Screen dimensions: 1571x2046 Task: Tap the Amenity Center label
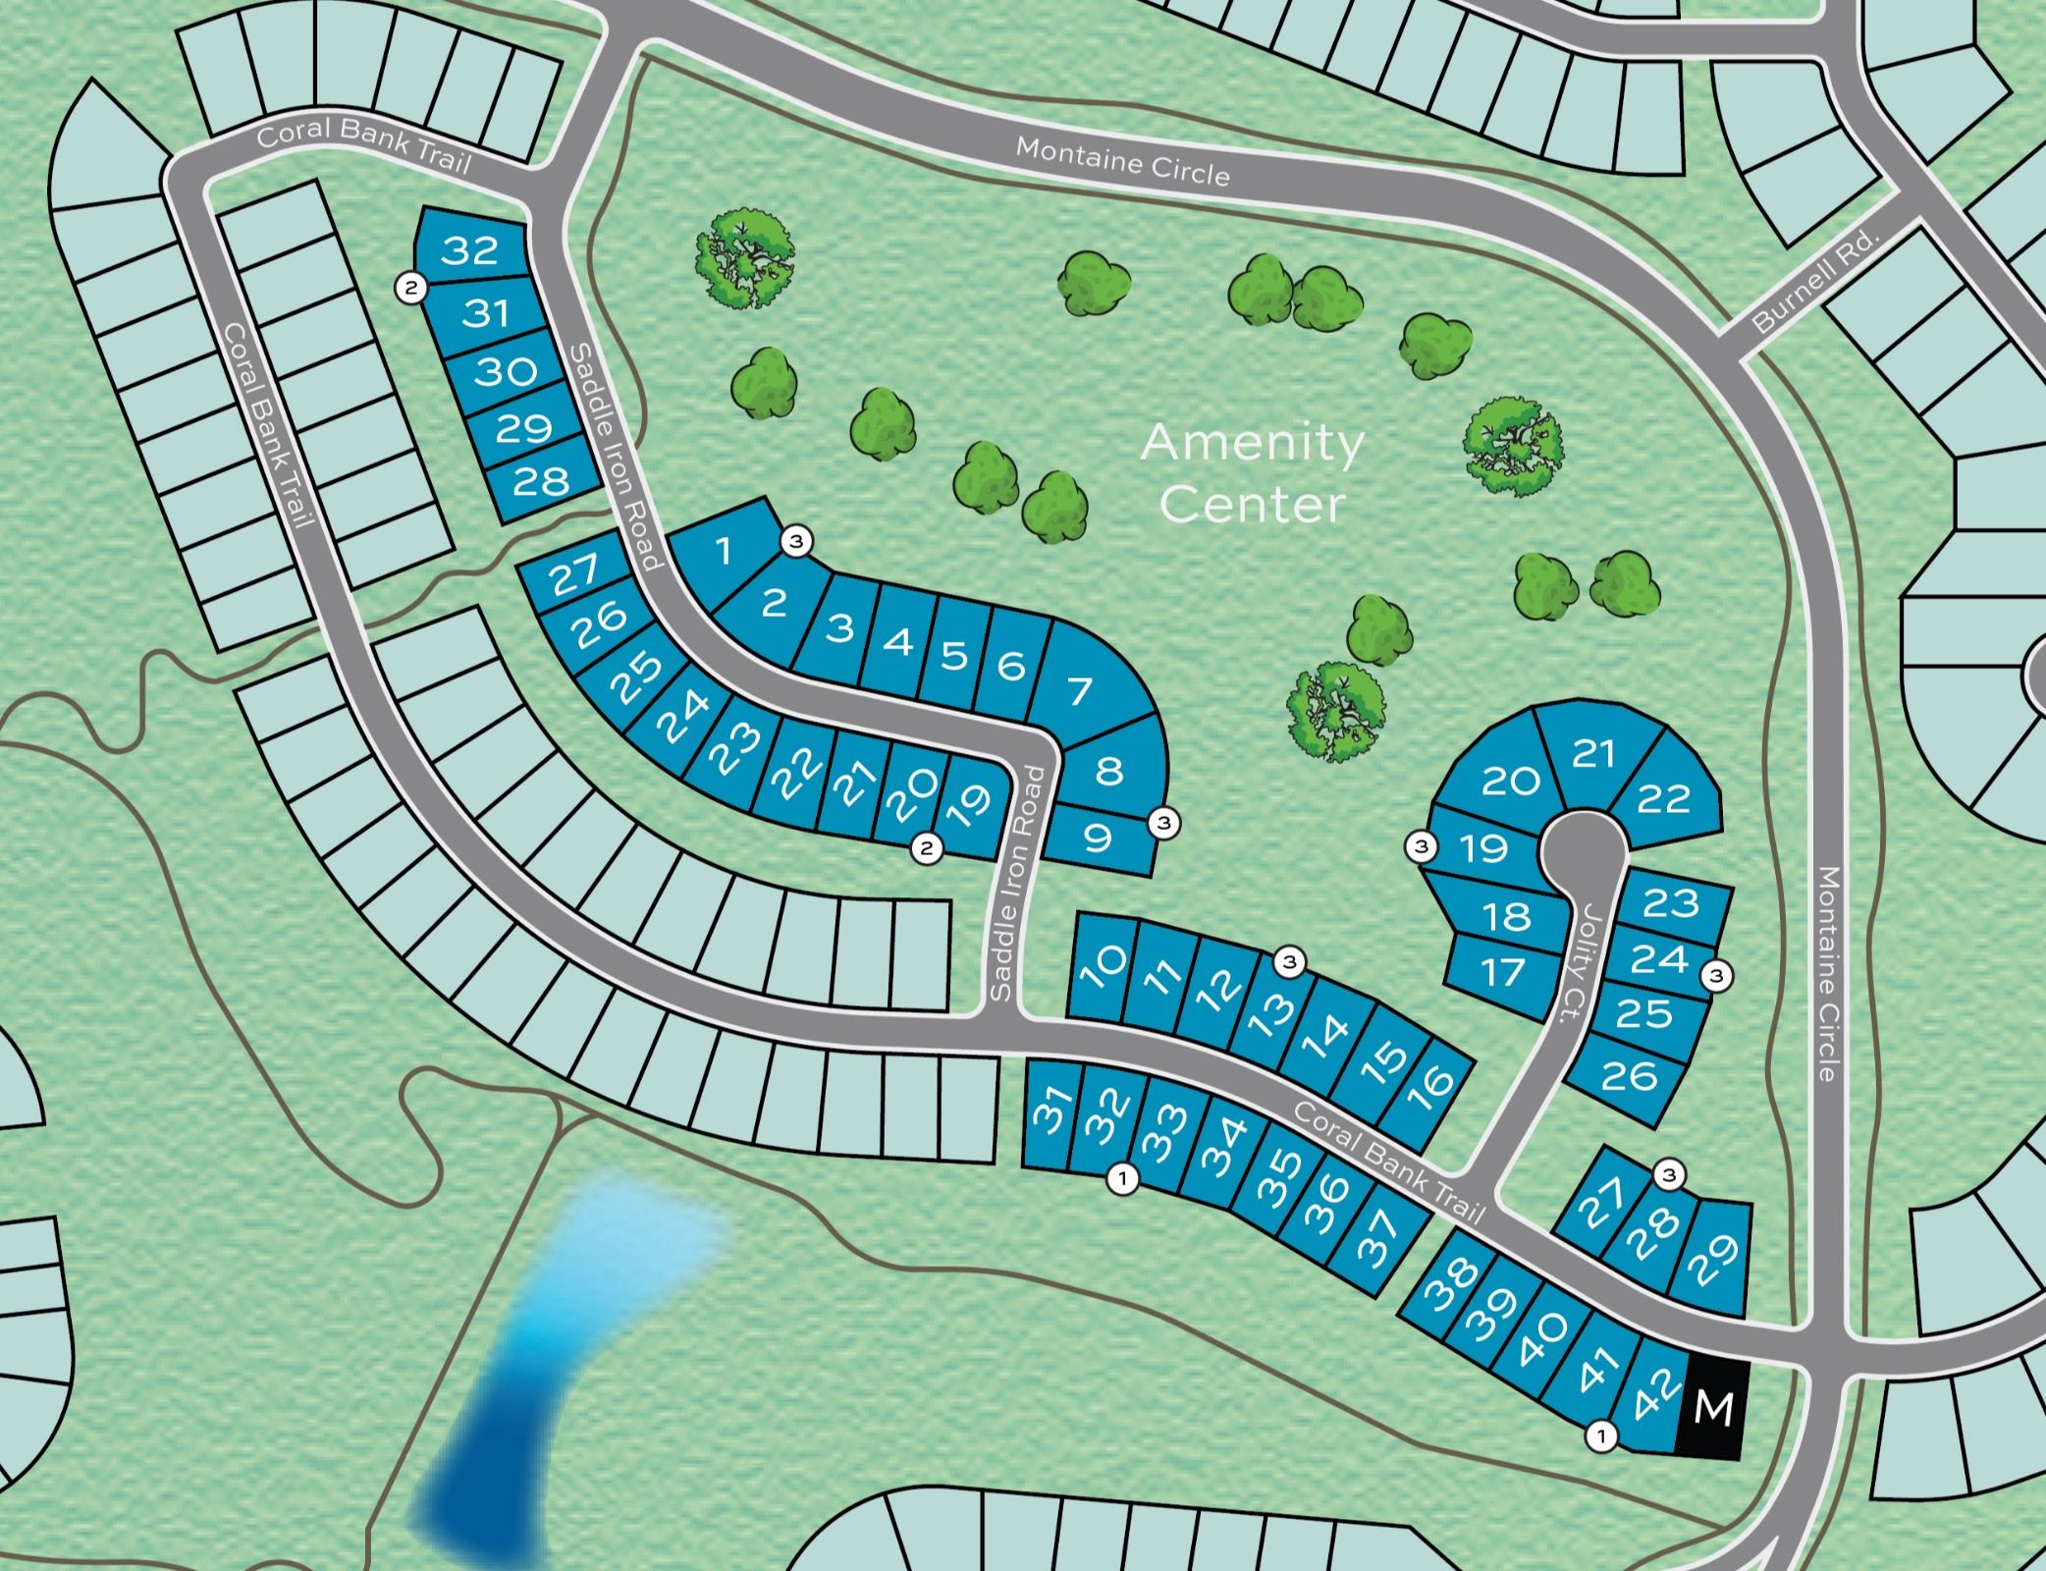click(x=1252, y=474)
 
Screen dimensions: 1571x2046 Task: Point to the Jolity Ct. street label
click(x=1575, y=963)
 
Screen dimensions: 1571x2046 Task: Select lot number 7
click(x=1081, y=689)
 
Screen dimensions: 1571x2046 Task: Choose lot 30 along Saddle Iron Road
click(x=506, y=371)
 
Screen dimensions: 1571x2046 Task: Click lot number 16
click(x=1433, y=1081)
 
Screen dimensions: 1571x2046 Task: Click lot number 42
click(x=1652, y=1407)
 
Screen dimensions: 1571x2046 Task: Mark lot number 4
click(x=897, y=642)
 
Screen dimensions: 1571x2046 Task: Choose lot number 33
click(x=1164, y=1133)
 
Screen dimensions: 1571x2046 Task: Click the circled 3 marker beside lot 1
click(x=796, y=541)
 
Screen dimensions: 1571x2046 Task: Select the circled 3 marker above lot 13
click(x=1290, y=962)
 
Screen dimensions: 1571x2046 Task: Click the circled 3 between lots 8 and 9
click(x=1164, y=822)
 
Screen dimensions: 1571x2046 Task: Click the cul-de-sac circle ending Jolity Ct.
click(x=1583, y=843)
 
